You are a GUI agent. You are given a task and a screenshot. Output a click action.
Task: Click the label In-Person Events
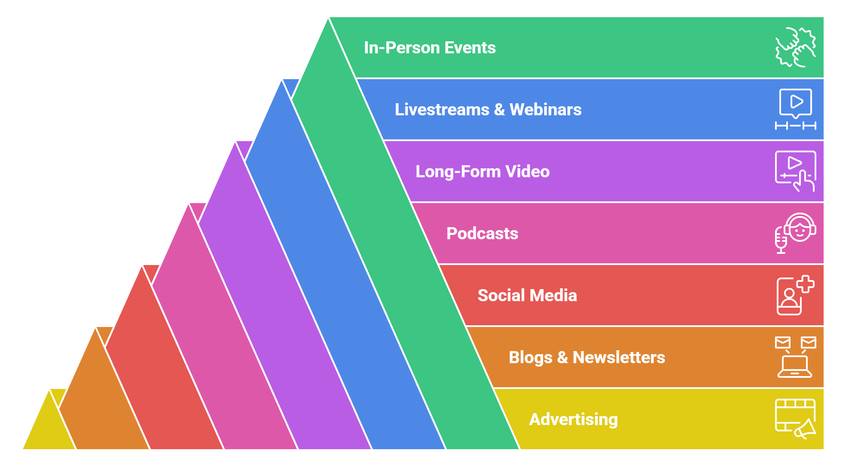pos(430,48)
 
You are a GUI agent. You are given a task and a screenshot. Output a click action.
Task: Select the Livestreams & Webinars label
pos(488,110)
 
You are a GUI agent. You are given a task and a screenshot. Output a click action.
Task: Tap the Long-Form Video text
pos(482,172)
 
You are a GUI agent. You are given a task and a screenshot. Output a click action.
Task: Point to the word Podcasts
pos(482,234)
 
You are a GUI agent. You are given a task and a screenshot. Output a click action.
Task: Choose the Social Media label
pos(527,296)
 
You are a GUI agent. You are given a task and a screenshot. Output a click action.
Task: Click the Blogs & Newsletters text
pos(587,358)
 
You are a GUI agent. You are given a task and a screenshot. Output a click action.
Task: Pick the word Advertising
pos(573,420)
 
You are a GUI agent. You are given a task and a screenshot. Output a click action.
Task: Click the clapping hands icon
pos(795,47)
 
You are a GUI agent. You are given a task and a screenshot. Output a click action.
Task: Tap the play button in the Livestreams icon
pos(796,102)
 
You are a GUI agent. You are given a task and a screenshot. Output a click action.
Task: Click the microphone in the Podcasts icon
pos(781,241)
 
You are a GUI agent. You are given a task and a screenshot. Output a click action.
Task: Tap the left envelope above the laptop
pos(783,342)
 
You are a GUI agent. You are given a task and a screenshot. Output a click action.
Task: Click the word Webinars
pos(545,110)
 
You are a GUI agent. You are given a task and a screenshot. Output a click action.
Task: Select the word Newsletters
pos(618,358)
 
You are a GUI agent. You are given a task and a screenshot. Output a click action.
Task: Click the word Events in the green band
pos(470,48)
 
